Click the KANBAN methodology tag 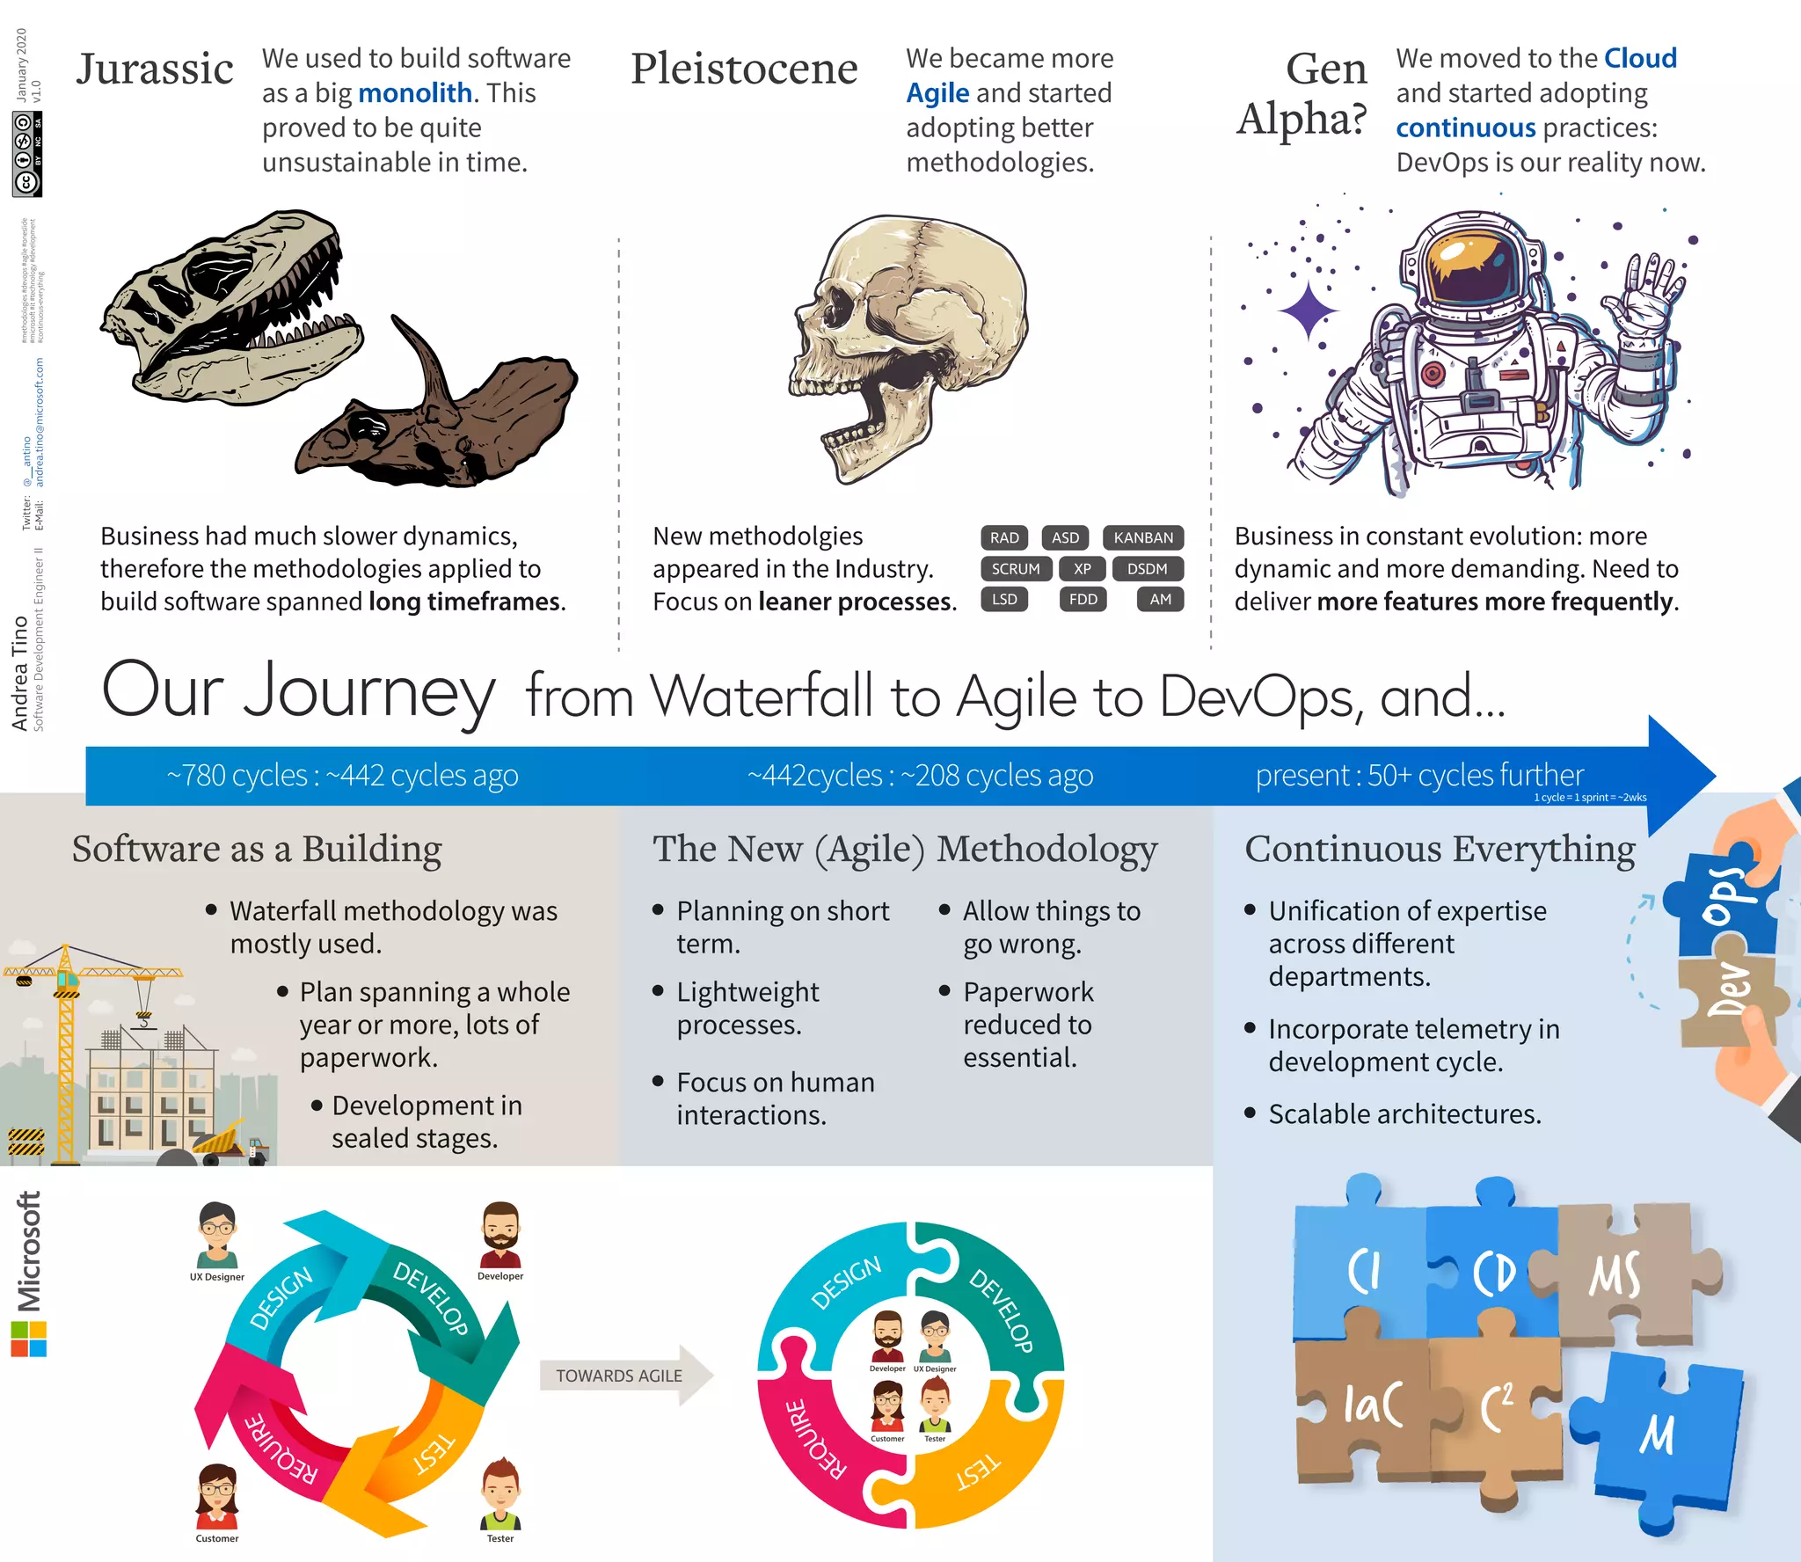[x=1143, y=537]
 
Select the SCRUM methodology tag [x=1016, y=569]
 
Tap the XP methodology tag [x=1083, y=569]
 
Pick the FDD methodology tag [x=1083, y=600]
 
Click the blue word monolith [x=415, y=93]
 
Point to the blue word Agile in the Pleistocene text [x=937, y=93]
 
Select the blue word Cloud [x=1640, y=58]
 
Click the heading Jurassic [x=155, y=69]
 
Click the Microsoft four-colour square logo [x=29, y=1339]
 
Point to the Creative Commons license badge [x=27, y=154]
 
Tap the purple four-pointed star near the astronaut [x=1309, y=310]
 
